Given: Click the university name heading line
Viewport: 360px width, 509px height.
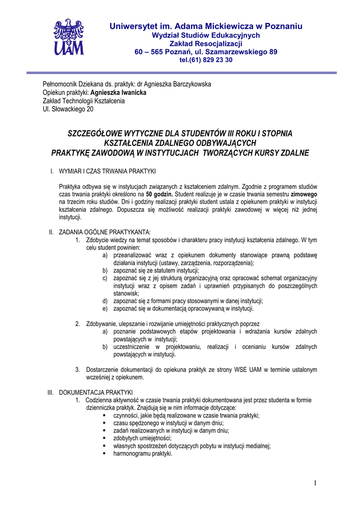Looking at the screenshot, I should (206, 26).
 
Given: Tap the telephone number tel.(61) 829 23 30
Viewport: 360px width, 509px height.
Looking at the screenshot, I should (206, 60).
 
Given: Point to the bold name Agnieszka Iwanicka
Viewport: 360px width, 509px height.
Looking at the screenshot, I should (118, 92).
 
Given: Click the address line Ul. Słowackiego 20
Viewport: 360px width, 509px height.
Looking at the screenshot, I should (68, 109).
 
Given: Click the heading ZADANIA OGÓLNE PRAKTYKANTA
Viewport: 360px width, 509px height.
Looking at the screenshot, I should (104, 232).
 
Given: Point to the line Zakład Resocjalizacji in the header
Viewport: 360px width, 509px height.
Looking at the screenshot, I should (206, 44).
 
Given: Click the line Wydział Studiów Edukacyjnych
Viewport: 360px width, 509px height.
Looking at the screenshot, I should (206, 35).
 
